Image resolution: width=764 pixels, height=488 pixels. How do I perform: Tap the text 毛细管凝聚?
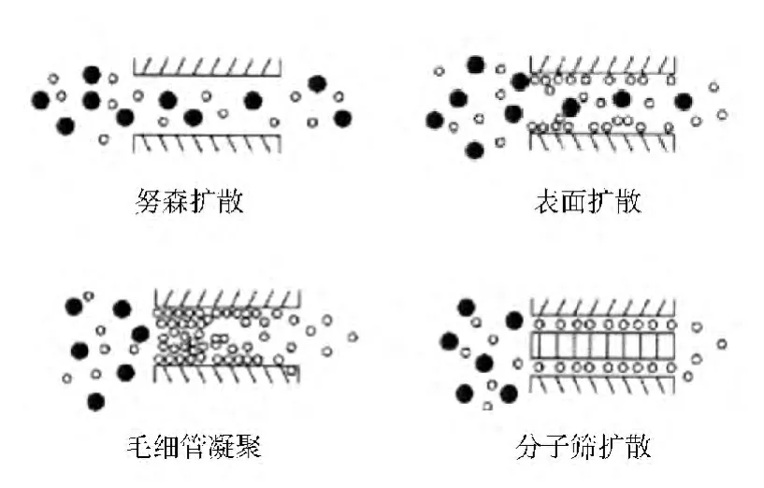[193, 446]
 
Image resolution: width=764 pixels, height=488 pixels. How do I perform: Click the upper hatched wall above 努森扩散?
[208, 66]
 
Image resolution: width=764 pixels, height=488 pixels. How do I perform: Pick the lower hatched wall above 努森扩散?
[208, 143]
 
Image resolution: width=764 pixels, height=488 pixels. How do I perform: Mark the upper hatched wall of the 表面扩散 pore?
[601, 65]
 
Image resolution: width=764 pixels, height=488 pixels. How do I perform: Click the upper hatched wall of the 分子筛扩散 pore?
[601, 307]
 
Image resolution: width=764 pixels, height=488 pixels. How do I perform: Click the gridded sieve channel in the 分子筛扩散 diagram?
[601, 345]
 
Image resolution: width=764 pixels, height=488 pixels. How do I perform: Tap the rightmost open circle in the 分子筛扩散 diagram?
[722, 344]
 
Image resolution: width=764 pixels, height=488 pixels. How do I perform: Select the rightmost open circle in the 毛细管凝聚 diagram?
[353, 337]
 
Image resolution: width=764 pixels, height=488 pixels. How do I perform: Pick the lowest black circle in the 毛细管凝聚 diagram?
[94, 402]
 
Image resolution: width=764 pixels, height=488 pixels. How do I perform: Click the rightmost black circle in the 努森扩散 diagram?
[342, 118]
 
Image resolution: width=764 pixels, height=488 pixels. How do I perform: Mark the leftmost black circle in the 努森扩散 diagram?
[40, 98]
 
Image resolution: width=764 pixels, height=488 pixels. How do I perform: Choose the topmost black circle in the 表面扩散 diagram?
[476, 65]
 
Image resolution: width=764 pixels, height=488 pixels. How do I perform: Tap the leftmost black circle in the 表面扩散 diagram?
[435, 120]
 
